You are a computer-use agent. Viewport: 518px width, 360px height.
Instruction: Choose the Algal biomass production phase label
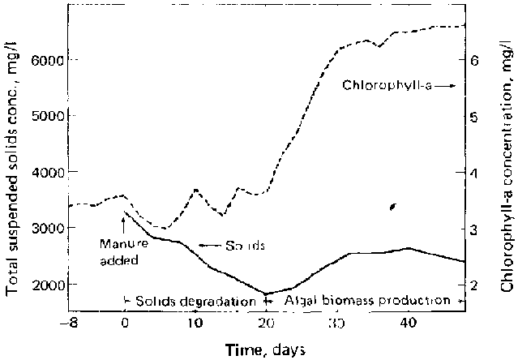click(367, 301)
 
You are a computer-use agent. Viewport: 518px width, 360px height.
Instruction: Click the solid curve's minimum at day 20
click(265, 294)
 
